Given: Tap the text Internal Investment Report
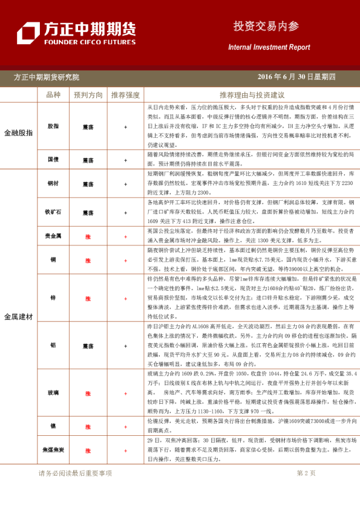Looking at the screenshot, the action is coord(269,47).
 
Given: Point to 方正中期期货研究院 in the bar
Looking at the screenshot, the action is coord(46,77).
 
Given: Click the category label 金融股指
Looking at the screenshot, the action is coord(19,132).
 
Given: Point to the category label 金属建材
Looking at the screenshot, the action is coord(19,316).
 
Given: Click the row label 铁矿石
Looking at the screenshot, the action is coord(53,213).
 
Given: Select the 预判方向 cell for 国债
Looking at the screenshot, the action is coord(88,161).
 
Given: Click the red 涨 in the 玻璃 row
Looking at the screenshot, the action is coord(88,394).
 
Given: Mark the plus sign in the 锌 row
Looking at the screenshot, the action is coord(125,299).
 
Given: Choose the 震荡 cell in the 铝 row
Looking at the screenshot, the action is coord(88,346).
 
